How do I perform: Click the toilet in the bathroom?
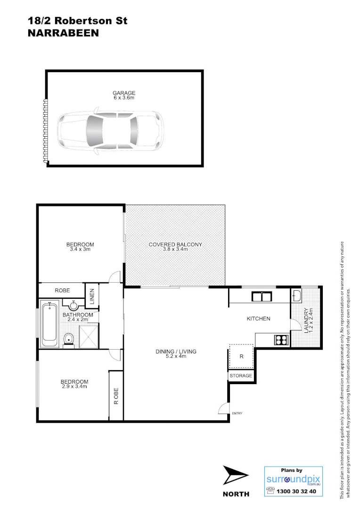[69, 338]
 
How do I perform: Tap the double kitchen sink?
[260, 296]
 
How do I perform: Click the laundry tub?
[297, 296]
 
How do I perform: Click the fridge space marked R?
[242, 357]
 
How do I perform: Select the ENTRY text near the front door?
[237, 414]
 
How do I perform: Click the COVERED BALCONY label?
[175, 244]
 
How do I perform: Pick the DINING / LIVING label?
[176, 352]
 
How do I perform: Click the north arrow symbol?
[235, 476]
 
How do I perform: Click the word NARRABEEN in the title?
[63, 33]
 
